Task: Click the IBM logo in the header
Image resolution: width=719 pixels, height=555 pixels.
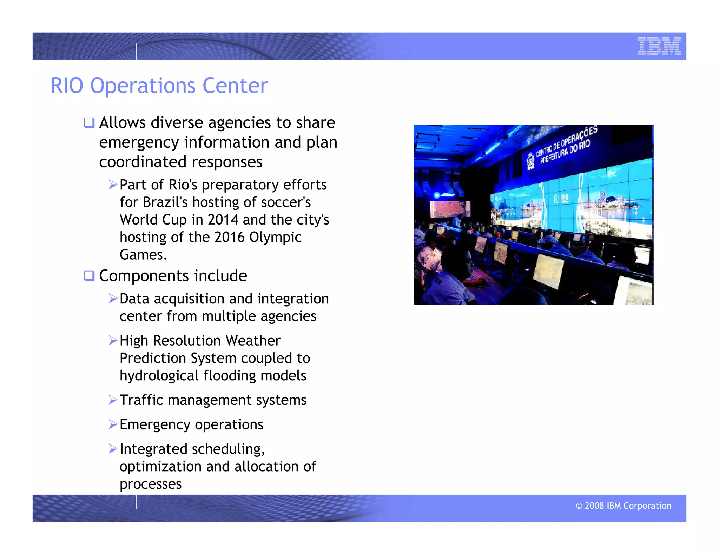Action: [659, 46]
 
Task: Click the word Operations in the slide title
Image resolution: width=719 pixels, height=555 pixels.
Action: [143, 86]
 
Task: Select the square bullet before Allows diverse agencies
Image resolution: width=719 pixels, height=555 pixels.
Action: [89, 123]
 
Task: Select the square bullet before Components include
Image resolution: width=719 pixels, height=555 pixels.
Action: [89, 276]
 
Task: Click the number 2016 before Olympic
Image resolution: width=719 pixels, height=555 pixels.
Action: [229, 238]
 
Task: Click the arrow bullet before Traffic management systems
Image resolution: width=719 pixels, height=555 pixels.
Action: [113, 400]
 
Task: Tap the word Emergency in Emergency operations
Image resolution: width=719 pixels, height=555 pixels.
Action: [155, 425]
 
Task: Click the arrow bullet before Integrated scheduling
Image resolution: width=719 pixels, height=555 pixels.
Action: [113, 449]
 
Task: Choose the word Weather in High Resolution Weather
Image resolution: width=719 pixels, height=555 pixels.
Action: [253, 341]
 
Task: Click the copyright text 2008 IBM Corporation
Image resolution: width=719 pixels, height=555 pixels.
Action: [624, 506]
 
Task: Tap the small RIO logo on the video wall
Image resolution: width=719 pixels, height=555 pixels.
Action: [561, 198]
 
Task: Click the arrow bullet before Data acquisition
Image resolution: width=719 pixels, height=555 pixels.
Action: [113, 299]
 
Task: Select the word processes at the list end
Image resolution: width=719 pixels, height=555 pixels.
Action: [150, 484]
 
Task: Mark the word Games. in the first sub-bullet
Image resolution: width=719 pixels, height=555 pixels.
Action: [143, 255]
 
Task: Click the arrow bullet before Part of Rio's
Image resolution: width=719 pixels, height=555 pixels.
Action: [113, 185]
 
